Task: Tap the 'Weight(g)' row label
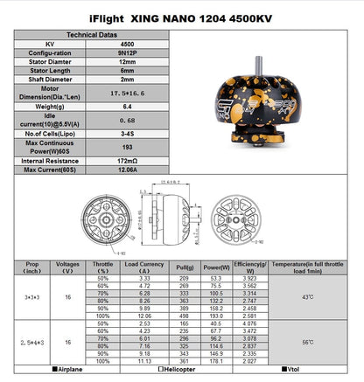pos(54,106)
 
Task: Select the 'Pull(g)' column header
pos(185,266)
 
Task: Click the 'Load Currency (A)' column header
pos(145,266)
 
